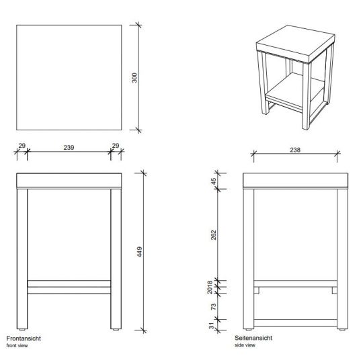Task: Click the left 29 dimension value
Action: [21, 146]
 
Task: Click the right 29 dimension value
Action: [114, 146]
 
